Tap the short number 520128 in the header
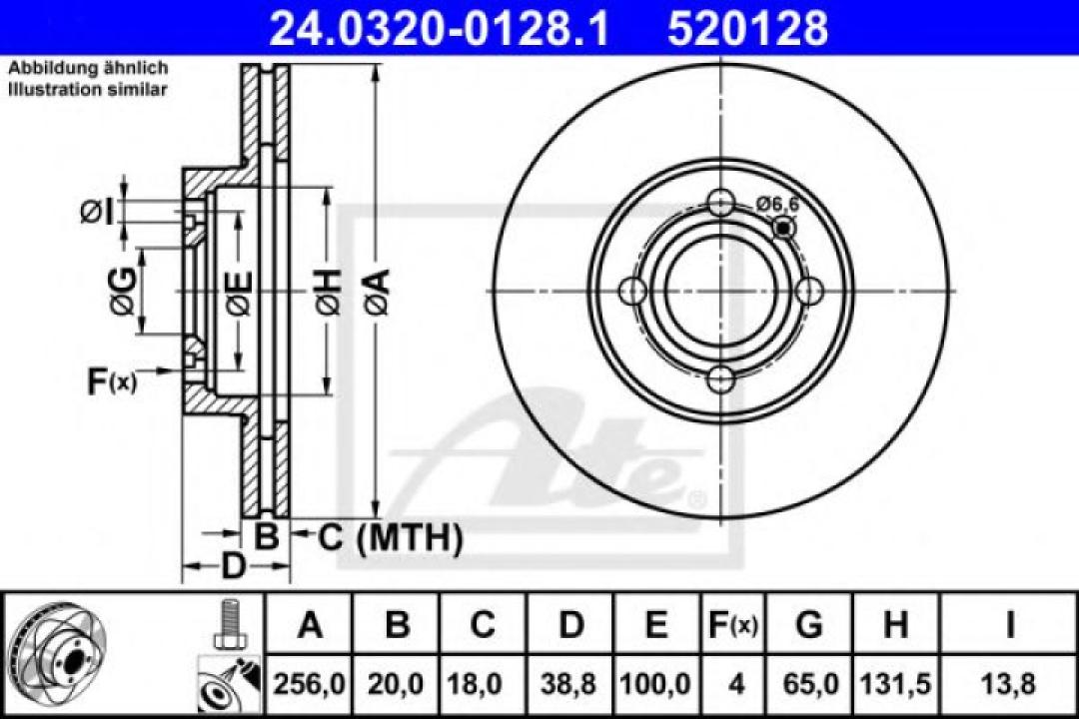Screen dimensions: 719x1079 coord(747,28)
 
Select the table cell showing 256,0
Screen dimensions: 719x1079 coord(311,685)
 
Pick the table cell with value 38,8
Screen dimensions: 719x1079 coord(570,685)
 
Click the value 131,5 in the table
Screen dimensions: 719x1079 coord(896,685)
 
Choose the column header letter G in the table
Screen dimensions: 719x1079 coord(809,625)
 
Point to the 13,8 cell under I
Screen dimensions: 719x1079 coord(1009,685)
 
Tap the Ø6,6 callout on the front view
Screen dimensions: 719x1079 coord(777,204)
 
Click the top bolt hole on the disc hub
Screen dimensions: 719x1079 coord(720,203)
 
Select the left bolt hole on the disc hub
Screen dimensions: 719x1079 coord(632,292)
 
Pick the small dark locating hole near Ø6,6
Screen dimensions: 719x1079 coord(784,230)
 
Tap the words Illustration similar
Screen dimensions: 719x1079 coord(88,89)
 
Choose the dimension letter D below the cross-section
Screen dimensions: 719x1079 coord(232,567)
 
